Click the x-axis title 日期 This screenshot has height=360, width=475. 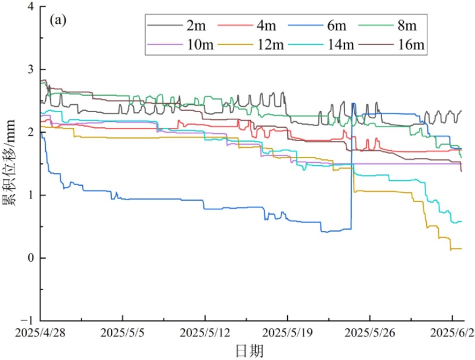[x=249, y=349]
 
